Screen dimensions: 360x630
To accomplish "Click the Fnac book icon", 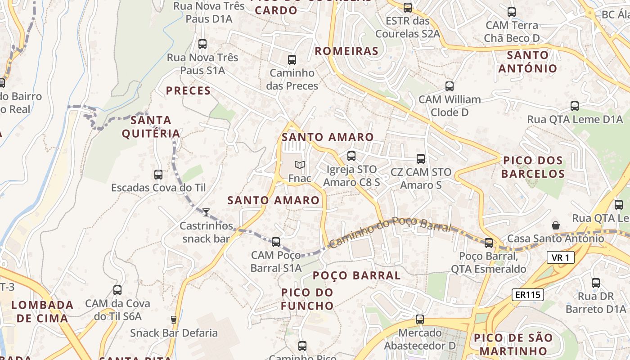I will coord(300,165).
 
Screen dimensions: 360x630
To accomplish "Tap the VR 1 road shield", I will coord(561,258).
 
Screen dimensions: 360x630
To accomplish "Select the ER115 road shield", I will coord(528,295).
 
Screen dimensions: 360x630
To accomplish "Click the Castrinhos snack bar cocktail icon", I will coord(206,212).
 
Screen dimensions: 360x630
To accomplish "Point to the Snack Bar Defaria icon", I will coord(174,320).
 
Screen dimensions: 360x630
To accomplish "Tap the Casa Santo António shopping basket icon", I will coord(556,225).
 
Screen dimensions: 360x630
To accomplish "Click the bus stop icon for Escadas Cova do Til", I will coord(158,174).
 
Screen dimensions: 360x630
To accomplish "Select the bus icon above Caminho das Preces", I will coord(292,59).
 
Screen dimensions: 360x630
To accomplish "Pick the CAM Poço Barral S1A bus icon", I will coord(276,242).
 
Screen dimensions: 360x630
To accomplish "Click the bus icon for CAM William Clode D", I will coord(449,86).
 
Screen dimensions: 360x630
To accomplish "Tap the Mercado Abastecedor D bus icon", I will coord(420,319).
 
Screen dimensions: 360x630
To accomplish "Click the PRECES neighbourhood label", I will coord(188,91).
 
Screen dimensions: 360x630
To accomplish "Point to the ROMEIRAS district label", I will coord(346,51).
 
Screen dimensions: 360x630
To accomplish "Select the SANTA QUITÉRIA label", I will coord(151,127).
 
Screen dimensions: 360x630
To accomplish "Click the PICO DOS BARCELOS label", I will coord(533,167).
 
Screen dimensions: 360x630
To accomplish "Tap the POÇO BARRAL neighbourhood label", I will coord(356,275).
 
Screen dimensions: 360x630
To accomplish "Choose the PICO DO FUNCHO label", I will coord(307,299).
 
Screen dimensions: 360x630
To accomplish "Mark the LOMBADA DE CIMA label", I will coord(42,311).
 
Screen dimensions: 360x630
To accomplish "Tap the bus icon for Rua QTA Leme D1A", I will coord(575,106).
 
